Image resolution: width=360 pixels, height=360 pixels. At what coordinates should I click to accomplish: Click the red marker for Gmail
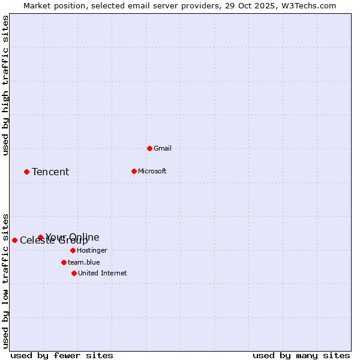point(149,148)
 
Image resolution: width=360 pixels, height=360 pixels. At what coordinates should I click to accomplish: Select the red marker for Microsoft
point(134,171)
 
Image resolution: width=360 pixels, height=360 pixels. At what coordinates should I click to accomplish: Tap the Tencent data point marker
point(26,172)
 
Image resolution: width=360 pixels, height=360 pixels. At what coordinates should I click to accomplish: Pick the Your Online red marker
point(40,237)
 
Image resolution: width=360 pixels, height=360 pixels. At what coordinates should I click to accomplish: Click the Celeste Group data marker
point(14,240)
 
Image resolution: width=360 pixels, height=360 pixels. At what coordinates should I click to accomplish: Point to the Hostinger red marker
point(73,250)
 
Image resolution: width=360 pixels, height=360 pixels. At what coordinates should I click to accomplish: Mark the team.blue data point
point(64,262)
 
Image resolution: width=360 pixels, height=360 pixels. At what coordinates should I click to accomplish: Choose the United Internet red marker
point(74,273)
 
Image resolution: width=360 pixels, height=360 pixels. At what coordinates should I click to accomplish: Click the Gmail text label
point(163,148)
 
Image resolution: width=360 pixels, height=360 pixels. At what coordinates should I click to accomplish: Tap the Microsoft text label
point(152,171)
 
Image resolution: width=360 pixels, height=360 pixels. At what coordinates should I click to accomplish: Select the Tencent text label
point(50,172)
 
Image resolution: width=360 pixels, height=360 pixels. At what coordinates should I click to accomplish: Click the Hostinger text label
point(92,250)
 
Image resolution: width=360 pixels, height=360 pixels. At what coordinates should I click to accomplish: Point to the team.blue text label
point(84,262)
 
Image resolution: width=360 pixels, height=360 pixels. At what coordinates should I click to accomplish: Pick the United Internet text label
point(103,273)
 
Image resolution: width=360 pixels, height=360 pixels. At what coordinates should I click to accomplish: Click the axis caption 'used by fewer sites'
point(62,355)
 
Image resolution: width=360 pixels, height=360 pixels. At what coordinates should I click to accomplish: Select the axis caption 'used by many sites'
point(301,355)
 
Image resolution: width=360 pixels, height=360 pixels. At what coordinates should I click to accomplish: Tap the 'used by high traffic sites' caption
point(5,85)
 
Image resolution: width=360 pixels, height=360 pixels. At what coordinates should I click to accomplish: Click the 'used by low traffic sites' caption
point(5,280)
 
